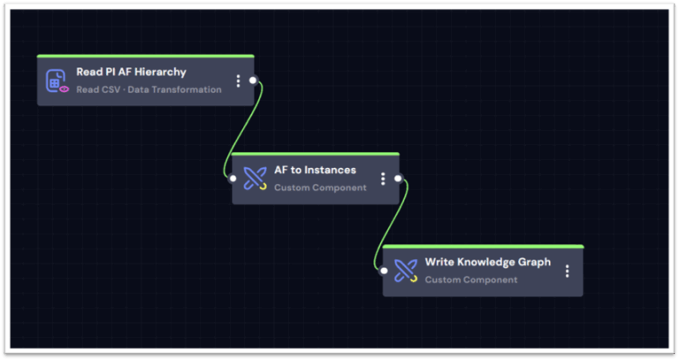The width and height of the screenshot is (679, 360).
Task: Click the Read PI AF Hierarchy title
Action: (131, 72)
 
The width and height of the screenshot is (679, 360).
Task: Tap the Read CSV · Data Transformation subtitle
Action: (149, 89)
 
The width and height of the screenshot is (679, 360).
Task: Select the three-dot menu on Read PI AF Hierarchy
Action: (238, 81)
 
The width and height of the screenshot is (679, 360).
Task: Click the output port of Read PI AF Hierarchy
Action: (253, 80)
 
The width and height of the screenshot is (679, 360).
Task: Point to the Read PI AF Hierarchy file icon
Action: (57, 81)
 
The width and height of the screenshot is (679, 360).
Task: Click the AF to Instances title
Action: (315, 170)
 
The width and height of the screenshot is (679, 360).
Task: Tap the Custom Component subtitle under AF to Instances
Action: (320, 188)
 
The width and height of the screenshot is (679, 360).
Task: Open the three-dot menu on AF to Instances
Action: (383, 179)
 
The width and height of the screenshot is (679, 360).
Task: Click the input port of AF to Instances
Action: (233, 178)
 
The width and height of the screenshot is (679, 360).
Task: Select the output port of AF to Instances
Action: (398, 179)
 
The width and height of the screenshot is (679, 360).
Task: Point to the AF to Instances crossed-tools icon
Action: (256, 179)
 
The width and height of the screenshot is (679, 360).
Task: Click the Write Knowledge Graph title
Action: (487, 262)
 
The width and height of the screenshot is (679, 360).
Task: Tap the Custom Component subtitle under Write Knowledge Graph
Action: (471, 280)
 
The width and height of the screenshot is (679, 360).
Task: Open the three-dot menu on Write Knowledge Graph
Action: (567, 271)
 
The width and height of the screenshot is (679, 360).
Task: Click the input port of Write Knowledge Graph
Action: (384, 271)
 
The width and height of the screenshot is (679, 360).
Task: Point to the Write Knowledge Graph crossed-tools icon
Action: (406, 271)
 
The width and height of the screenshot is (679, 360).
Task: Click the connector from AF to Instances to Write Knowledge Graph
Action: (392, 225)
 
